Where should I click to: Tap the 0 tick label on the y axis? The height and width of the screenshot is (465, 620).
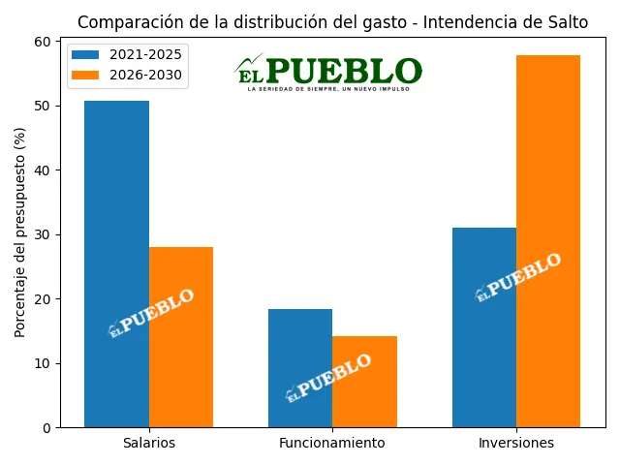click(x=48, y=428)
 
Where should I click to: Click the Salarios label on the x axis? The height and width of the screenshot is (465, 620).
click(x=149, y=444)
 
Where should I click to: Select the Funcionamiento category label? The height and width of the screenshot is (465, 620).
click(x=332, y=444)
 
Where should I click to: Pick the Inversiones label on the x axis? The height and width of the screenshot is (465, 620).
click(x=516, y=444)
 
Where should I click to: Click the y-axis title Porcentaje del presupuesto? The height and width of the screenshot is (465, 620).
click(x=19, y=232)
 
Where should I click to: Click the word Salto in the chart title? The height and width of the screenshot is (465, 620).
click(x=567, y=22)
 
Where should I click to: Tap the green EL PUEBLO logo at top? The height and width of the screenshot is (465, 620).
click(x=329, y=70)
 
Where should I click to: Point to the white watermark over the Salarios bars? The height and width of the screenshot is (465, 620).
click(x=151, y=312)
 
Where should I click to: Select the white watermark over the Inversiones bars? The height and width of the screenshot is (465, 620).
click(x=518, y=276)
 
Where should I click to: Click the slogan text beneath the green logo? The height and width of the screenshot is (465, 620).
click(x=328, y=89)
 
